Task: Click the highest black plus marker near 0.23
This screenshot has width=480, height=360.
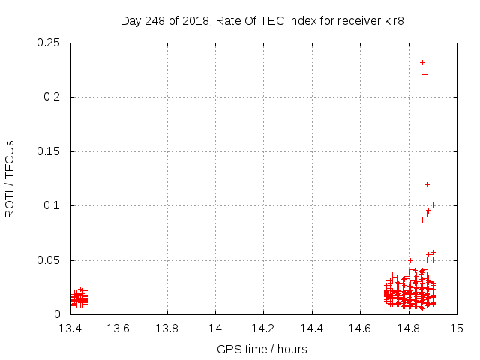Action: (422, 62)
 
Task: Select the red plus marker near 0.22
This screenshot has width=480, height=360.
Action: (424, 74)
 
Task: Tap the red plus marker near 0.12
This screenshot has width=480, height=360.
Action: (427, 184)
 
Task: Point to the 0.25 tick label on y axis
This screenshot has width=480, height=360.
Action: (51, 43)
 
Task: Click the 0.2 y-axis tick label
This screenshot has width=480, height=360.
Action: (54, 97)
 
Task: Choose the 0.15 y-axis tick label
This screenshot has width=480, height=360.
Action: (51, 151)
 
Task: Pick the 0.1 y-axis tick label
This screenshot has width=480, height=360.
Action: (54, 205)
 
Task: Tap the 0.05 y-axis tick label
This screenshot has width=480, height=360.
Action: (51, 260)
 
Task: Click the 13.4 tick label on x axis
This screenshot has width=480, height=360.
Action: (70, 328)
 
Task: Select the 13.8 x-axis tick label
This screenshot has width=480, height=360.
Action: (167, 328)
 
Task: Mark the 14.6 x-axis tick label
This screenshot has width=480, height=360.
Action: (360, 328)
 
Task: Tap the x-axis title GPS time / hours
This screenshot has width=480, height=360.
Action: (262, 349)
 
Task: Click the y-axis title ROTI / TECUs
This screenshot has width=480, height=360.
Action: (10, 178)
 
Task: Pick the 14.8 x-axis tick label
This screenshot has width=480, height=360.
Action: (409, 328)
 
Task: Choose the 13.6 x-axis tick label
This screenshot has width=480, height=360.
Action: (118, 328)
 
